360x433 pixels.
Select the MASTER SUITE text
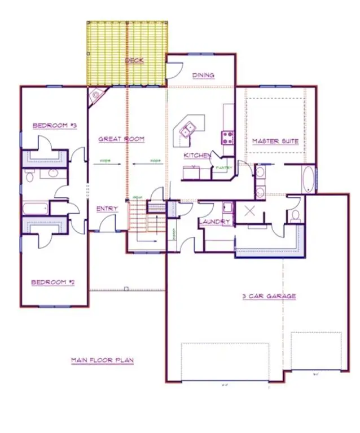(x=275, y=141)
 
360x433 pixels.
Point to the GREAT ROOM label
(x=122, y=139)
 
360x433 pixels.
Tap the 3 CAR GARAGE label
(x=269, y=296)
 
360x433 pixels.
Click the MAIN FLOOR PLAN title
(x=102, y=360)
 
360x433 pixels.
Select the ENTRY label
(x=107, y=209)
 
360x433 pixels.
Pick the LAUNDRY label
(x=214, y=222)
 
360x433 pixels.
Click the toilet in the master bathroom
(x=294, y=215)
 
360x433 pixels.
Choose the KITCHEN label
(x=197, y=156)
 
